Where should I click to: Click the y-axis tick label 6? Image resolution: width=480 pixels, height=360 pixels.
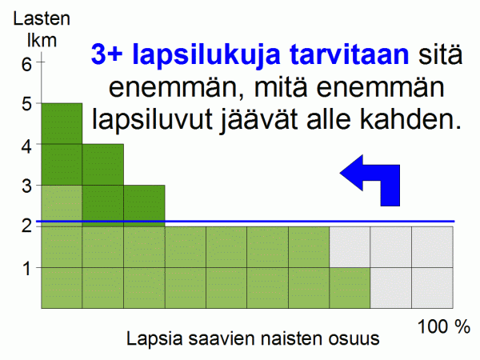pos(26,64)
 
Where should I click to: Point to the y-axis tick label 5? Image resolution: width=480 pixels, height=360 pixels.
pos(26,104)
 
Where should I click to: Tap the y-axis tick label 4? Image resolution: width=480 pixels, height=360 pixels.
pos(26,147)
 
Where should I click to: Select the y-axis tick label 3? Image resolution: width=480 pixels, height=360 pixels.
pos(26,186)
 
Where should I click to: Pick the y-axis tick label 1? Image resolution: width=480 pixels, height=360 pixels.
pos(27,269)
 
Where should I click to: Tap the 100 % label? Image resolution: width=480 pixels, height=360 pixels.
pos(443,326)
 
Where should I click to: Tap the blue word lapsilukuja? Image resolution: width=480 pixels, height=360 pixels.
pos(206,56)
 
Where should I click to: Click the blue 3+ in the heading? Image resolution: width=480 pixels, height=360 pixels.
pos(107,54)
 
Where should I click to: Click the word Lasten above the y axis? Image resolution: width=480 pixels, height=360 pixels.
pos(42,18)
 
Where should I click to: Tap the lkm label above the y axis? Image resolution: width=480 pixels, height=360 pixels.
pos(42,41)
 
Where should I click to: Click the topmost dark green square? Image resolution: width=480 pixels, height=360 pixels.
pos(62,124)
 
